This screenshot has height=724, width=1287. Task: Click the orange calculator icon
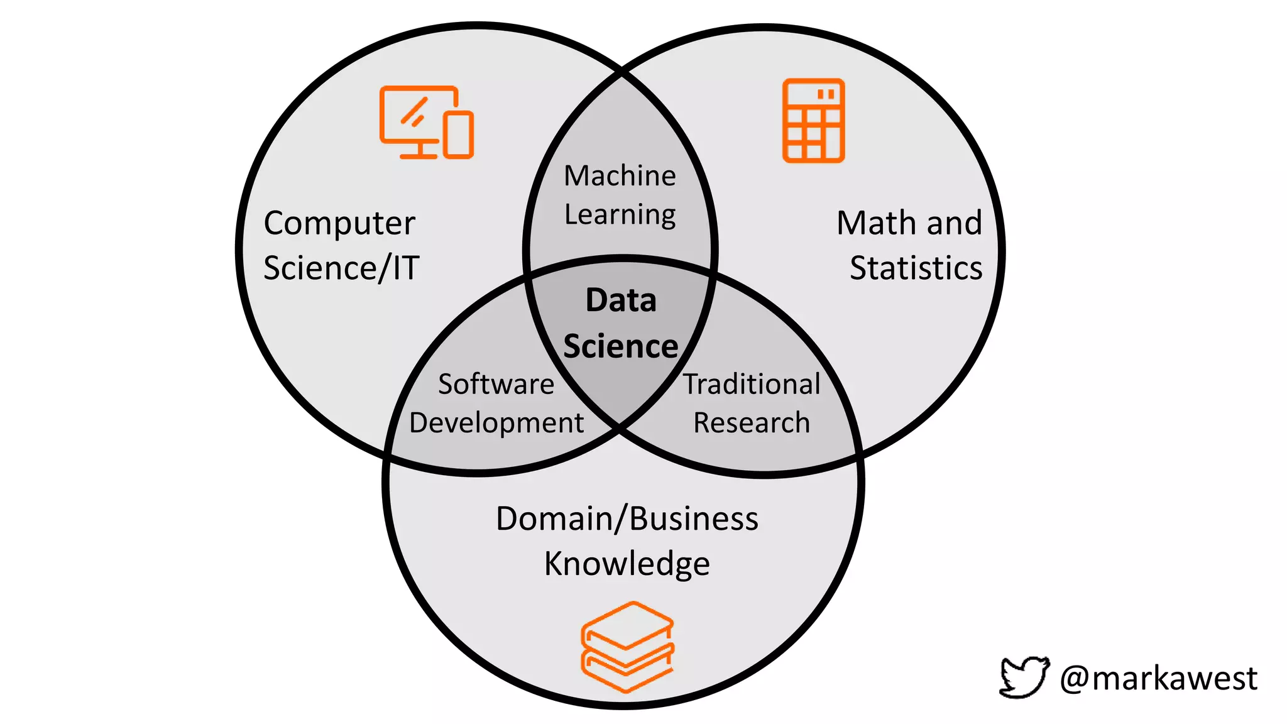coord(813,121)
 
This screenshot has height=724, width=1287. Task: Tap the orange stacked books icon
coord(627,647)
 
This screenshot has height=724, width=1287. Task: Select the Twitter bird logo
coord(1024,677)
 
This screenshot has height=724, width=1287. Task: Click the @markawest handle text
coord(1158,679)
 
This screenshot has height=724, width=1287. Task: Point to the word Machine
coord(620,175)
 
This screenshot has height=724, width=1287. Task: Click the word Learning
coord(620,215)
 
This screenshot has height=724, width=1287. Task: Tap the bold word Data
coord(621,300)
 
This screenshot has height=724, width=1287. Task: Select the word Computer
coord(339,224)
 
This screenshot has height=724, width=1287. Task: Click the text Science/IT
coord(341,268)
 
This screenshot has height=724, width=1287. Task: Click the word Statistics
coord(916,268)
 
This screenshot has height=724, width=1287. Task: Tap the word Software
coord(496,384)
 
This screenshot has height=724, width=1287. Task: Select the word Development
coord(496,423)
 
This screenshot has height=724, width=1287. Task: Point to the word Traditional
coord(752,384)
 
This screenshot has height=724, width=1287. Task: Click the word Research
coord(752,423)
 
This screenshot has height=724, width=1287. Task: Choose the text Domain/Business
coord(627,519)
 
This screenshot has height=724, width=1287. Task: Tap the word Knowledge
coord(627,564)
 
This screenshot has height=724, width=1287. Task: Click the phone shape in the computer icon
coord(459,134)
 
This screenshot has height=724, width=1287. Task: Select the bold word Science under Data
coord(621,346)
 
